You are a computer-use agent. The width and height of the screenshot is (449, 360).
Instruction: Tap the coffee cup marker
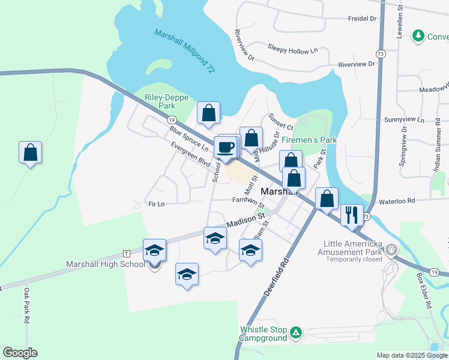[226, 148]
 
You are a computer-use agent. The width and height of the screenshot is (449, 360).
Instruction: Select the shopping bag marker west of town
[30, 153]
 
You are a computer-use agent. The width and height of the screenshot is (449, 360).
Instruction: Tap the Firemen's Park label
[309, 140]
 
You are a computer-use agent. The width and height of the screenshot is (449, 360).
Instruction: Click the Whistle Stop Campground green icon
[295, 332]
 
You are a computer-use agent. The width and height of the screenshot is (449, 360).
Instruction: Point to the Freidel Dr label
[362, 19]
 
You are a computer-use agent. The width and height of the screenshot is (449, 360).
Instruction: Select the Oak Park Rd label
[27, 306]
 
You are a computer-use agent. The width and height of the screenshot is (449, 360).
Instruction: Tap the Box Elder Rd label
[424, 291]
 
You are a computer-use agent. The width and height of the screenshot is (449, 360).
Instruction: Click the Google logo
[20, 353]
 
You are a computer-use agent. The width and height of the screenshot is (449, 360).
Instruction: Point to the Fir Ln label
[156, 204]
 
